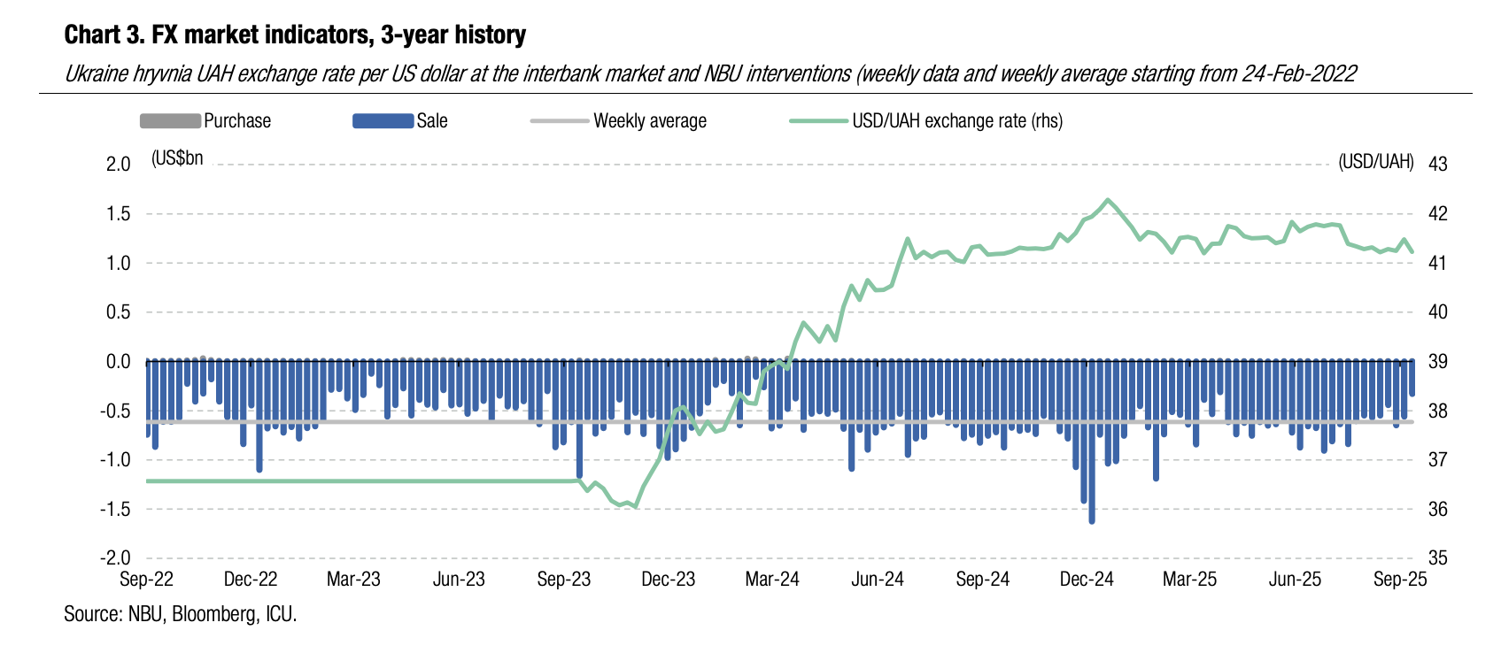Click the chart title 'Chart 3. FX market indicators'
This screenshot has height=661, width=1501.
(295, 35)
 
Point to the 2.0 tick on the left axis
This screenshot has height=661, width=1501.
(118, 165)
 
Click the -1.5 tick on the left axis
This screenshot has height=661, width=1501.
(115, 510)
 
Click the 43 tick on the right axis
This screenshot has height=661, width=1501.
(1438, 165)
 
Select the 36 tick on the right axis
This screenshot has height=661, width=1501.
(1438, 510)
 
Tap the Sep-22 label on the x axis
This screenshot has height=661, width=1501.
(147, 580)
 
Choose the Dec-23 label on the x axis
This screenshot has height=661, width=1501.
(669, 580)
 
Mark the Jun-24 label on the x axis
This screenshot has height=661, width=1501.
(878, 580)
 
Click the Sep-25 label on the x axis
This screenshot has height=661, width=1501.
(1400, 580)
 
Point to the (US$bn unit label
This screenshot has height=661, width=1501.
(178, 158)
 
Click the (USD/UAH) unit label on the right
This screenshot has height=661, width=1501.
(1376, 162)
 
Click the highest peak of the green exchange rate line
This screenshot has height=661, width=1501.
(1108, 200)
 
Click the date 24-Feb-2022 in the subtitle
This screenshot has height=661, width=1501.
(1299, 73)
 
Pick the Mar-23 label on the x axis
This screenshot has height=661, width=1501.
(353, 580)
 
